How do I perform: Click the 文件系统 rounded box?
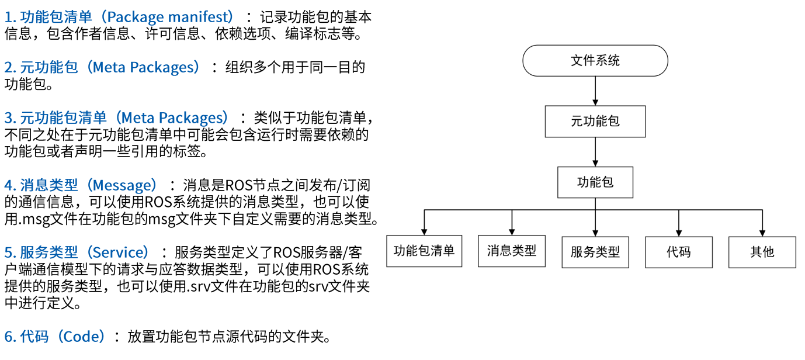pyautogui.click(x=595, y=60)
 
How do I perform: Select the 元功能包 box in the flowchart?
pyautogui.click(x=595, y=122)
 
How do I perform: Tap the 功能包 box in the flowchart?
pyautogui.click(x=595, y=182)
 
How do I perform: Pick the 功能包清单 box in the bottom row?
pyautogui.click(x=424, y=251)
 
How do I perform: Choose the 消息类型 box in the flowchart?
pyautogui.click(x=512, y=251)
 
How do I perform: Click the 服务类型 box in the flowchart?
pyautogui.click(x=595, y=252)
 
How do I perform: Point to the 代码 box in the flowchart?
pyautogui.click(x=678, y=252)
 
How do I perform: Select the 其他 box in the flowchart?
pyautogui.click(x=762, y=252)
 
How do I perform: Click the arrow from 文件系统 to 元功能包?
pyautogui.click(x=595, y=91)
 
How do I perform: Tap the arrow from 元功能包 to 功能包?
pyautogui.click(x=595, y=152)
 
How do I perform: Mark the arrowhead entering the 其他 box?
pyautogui.click(x=762, y=233)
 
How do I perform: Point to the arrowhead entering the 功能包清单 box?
pyautogui.click(x=424, y=232)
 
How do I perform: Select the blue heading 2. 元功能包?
pyautogui.click(x=41, y=67)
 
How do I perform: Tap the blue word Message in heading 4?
pyautogui.click(x=126, y=185)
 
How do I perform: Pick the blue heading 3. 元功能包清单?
pyautogui.click(x=55, y=118)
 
